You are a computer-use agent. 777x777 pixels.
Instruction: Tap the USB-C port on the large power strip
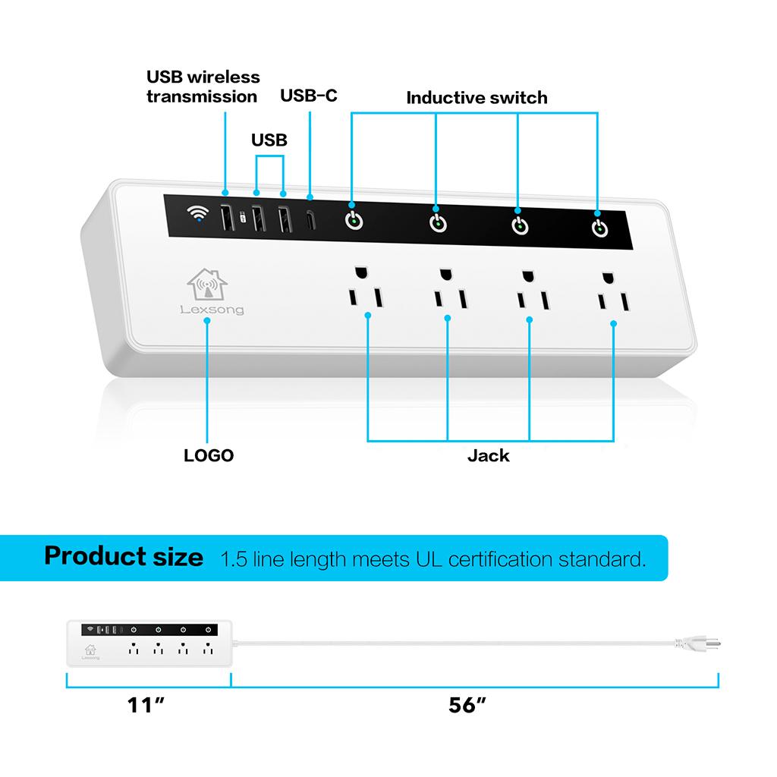[310, 219]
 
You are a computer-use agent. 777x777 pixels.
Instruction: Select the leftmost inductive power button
[354, 222]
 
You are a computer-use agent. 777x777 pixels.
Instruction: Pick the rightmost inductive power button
[599, 228]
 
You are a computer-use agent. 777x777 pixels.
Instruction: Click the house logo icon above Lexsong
[207, 285]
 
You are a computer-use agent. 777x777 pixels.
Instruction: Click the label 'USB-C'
[309, 96]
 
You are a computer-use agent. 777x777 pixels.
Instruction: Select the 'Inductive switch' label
[477, 98]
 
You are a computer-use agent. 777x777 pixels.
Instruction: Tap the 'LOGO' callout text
[209, 455]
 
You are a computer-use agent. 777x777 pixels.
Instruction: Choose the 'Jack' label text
[488, 455]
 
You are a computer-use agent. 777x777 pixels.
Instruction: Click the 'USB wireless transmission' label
[203, 87]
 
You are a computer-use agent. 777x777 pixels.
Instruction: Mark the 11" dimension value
[146, 705]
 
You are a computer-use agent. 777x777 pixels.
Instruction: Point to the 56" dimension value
[467, 705]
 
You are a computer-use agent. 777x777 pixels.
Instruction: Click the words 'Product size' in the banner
[124, 556]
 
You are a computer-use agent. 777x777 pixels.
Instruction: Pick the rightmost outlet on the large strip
[612, 293]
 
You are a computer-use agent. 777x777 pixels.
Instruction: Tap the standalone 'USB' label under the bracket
[269, 140]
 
